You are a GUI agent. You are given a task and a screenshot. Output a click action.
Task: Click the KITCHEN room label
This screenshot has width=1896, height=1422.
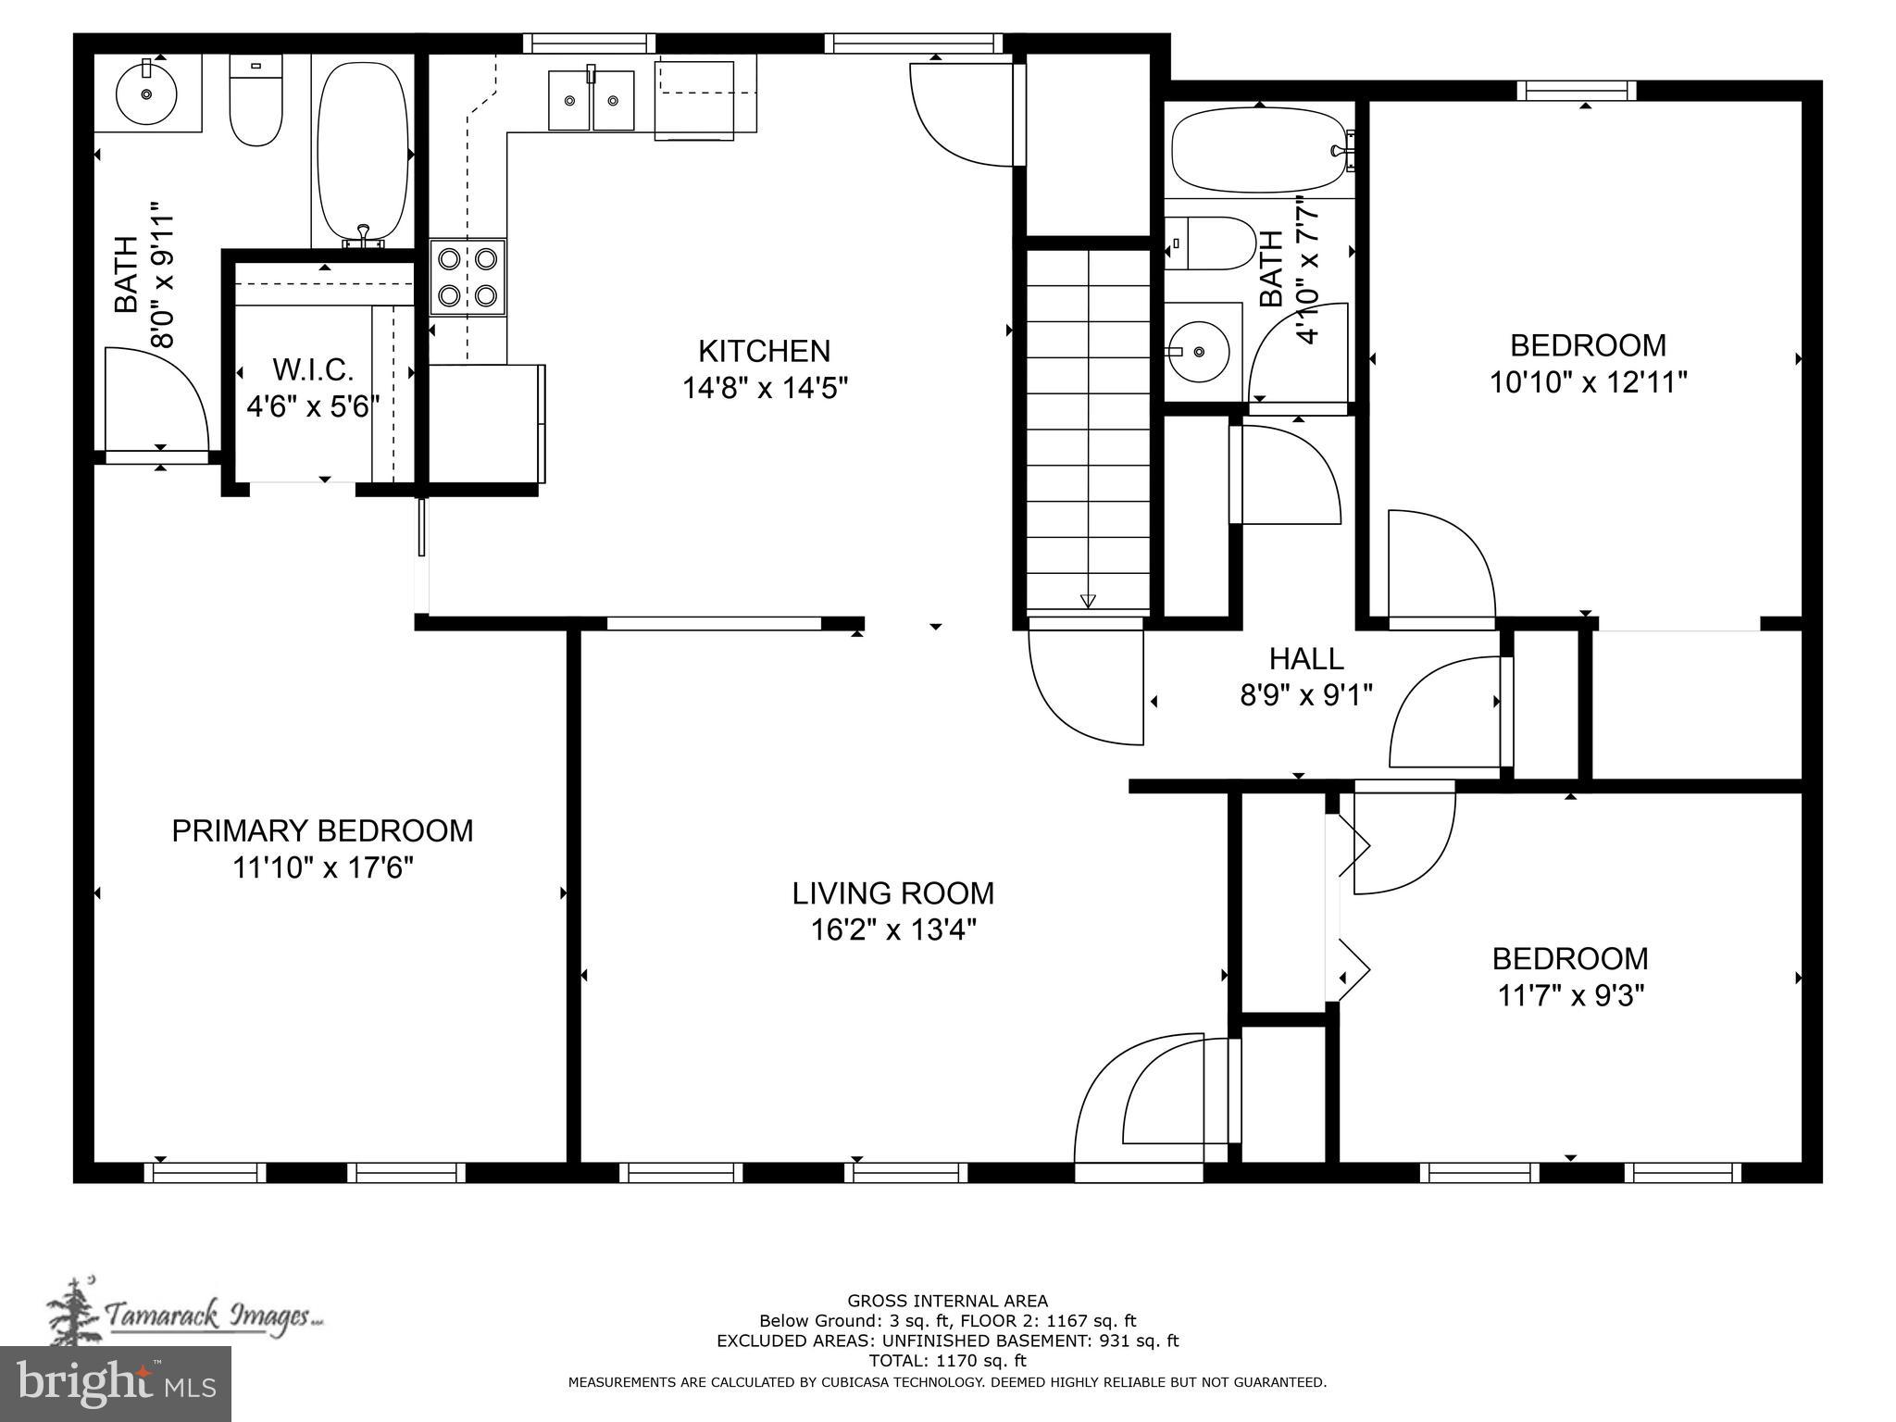click(x=764, y=351)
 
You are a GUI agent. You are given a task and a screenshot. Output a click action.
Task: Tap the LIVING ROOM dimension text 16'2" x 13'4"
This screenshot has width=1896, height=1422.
click(x=893, y=929)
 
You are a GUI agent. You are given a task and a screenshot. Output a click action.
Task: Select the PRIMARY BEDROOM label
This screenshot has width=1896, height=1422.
click(x=322, y=830)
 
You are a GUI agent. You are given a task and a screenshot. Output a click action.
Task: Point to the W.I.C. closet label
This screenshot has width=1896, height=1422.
click(x=313, y=369)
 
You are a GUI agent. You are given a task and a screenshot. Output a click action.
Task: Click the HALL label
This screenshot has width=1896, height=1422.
click(x=1305, y=659)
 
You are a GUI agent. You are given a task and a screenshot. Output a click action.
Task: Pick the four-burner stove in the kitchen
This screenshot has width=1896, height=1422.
click(x=468, y=277)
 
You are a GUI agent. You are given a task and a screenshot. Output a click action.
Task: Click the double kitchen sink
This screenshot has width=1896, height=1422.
click(x=591, y=100)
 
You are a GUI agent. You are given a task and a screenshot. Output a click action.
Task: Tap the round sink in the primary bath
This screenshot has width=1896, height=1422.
click(x=146, y=94)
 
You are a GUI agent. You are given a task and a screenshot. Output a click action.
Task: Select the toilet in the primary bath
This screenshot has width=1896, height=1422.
click(x=256, y=102)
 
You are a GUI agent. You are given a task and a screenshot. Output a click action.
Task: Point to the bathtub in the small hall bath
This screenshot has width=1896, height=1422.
click(x=1257, y=151)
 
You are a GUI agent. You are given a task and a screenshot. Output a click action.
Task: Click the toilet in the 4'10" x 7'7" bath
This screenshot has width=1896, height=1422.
click(x=1209, y=243)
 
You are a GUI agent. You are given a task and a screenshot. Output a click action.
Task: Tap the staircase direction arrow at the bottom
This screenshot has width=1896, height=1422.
click(x=1088, y=600)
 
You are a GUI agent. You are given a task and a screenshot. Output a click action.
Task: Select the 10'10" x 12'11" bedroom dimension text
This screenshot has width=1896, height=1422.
click(x=1588, y=382)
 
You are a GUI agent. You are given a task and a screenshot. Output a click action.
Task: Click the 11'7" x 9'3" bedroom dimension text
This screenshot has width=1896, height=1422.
click(x=1570, y=996)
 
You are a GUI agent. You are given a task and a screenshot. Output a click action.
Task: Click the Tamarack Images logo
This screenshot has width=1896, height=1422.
click(x=185, y=1314)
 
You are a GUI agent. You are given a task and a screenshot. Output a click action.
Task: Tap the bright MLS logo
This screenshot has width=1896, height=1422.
click(x=116, y=1383)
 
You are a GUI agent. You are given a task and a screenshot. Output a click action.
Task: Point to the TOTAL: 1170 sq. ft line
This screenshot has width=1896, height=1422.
click(x=947, y=1361)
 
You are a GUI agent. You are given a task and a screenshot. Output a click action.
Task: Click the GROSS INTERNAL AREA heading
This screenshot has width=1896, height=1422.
click(x=947, y=1301)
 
